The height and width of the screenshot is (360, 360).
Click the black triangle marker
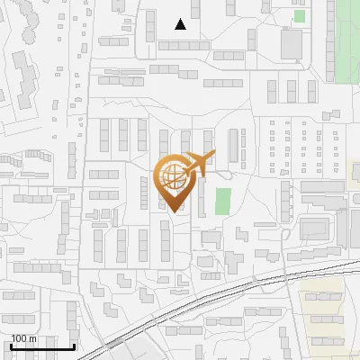[x=181, y=24]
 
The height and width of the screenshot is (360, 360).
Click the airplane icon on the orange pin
[x=199, y=162]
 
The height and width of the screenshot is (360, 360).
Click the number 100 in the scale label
[x=19, y=338]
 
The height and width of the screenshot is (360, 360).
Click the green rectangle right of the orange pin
[x=222, y=201]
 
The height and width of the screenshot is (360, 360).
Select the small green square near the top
[x=299, y=15]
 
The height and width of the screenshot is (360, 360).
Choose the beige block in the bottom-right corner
[x=323, y=315]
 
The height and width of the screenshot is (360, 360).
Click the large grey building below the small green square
[x=292, y=42]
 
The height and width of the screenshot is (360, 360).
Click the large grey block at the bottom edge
[x=144, y=351]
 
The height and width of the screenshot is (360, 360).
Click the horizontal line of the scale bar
[x=41, y=346]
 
